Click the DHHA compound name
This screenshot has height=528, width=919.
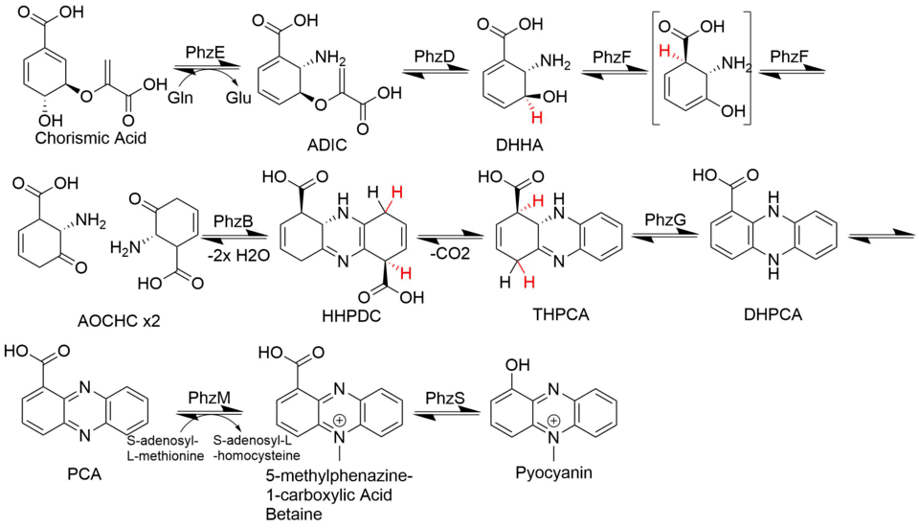pos(521,144)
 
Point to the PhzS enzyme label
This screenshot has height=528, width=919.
pos(445,396)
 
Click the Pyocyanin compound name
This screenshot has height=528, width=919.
pos(552,472)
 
